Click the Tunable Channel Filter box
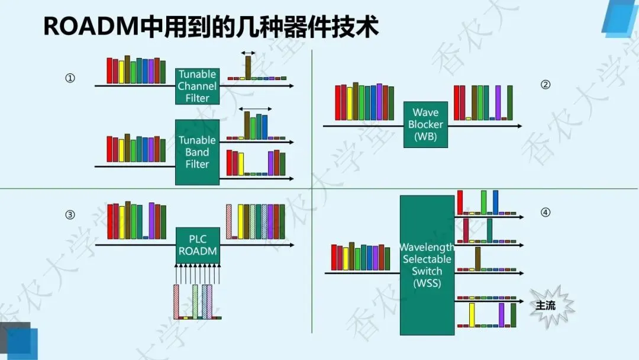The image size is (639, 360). [197, 86]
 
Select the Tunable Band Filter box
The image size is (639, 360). [197, 152]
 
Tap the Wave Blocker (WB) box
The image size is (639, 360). [425, 124]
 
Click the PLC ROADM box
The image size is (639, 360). [198, 245]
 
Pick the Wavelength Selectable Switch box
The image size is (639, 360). [427, 265]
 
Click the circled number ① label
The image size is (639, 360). [70, 78]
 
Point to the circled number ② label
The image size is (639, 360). [546, 84]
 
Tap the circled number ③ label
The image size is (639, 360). [70, 215]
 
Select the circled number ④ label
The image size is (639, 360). [546, 211]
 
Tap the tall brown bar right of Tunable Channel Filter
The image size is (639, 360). [248, 66]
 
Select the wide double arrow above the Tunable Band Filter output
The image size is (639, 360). [256, 109]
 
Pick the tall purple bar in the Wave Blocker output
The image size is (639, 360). [498, 102]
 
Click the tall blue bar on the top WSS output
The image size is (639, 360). [495, 201]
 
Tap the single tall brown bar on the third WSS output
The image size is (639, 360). [477, 259]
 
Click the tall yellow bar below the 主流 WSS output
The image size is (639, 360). [472, 314]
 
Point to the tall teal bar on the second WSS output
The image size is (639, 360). [489, 230]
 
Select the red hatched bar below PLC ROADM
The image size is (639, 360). [176, 301]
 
